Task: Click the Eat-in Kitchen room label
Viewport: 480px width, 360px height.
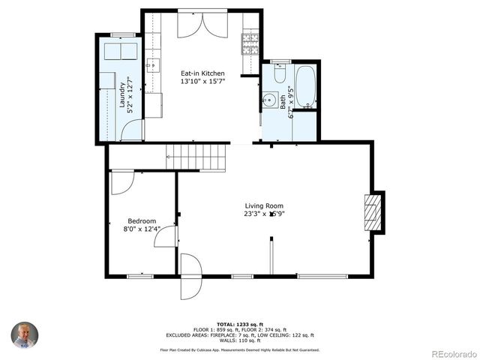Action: coord(202,73)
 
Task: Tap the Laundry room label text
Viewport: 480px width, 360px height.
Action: coord(121,94)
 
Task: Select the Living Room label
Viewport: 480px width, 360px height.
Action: coord(264,205)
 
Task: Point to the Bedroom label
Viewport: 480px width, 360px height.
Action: coord(142,221)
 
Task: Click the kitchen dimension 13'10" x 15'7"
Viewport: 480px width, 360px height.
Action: coord(202,82)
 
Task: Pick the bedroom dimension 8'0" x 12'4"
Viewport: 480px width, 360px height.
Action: coord(142,230)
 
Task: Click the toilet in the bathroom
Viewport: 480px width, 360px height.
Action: coord(280,73)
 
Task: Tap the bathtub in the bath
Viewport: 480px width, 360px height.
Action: coord(305,87)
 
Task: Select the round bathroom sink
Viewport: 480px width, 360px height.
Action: coord(270,100)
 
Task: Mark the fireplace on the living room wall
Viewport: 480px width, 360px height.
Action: coord(373,213)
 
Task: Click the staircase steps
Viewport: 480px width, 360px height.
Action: coord(196,158)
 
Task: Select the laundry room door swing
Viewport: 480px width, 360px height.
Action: coord(132,130)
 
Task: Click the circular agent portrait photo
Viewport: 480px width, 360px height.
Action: coord(24,335)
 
